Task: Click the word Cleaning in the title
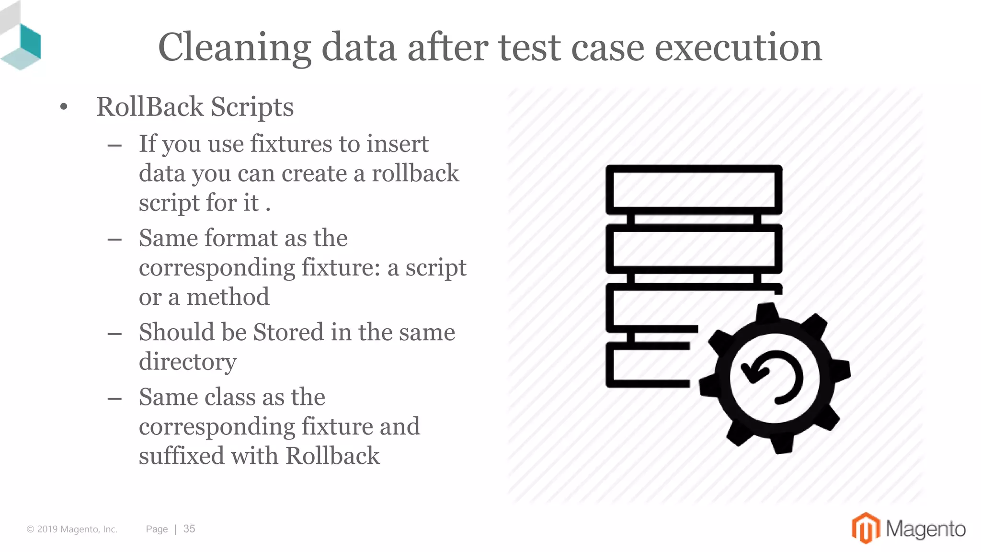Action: (234, 47)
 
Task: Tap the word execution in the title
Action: (738, 47)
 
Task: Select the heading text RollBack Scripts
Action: (194, 106)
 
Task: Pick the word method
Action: (228, 297)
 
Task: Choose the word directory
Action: (188, 362)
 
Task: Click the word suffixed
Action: (181, 455)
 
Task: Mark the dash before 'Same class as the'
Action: (114, 398)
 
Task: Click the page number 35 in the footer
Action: (189, 529)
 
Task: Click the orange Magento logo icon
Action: (865, 528)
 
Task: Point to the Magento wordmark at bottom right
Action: (925, 529)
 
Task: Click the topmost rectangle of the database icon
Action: (694, 189)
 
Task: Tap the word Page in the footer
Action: (157, 529)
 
